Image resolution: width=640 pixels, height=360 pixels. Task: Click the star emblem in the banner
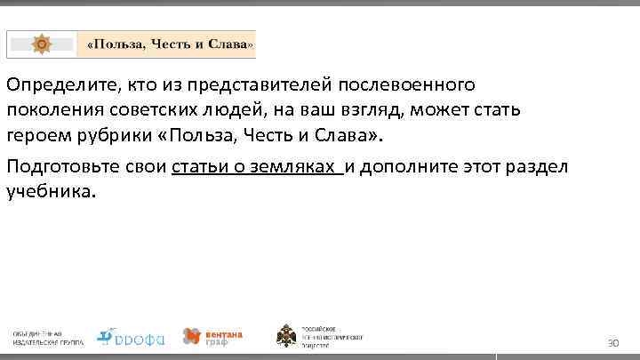click(41, 44)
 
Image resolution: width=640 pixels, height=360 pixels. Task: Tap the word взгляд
click(387, 110)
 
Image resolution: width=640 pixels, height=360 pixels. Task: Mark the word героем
click(33, 135)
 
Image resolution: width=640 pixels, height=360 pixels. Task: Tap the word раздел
click(532, 167)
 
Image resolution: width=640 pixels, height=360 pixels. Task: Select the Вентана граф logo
click(212, 336)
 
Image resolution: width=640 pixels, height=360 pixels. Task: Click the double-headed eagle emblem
click(289, 336)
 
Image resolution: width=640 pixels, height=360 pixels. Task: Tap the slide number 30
click(612, 342)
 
